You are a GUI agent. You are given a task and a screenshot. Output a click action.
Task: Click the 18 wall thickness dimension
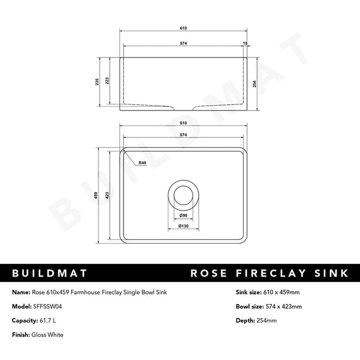pyautogui.click(x=245, y=43)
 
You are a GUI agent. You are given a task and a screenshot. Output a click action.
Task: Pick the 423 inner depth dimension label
pyautogui.click(x=107, y=194)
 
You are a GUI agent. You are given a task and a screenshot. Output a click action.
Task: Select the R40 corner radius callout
pyautogui.click(x=142, y=163)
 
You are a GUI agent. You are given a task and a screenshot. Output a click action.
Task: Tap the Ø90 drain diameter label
pyautogui.click(x=183, y=215)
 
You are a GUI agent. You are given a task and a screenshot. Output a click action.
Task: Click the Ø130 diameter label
pyautogui.click(x=183, y=226)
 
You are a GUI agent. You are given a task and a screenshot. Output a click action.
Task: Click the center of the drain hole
pyautogui.click(x=183, y=193)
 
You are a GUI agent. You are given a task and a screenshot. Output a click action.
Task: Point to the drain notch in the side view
pyautogui.click(x=183, y=107)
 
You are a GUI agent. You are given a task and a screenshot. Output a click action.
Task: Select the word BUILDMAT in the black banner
pyautogui.click(x=50, y=274)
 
